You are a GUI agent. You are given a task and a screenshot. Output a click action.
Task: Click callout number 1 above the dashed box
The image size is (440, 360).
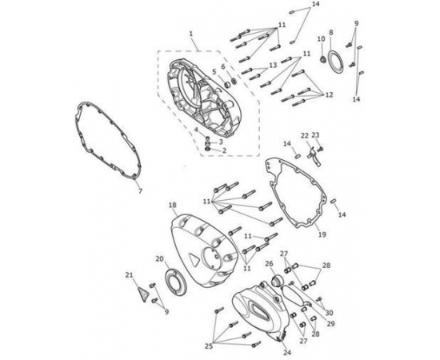coord(191,34)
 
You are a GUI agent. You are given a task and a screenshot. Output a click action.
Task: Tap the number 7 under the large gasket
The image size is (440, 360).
coord(140,191)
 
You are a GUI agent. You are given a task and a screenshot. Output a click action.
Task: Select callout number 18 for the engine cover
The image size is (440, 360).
coord(173,205)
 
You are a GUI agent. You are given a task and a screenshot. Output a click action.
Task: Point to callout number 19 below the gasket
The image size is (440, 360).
coord(322,234)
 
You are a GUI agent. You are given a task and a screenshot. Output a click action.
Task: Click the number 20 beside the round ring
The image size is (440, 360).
coord(160,258)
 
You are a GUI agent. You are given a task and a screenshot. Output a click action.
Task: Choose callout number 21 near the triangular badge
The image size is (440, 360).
coord(129,275)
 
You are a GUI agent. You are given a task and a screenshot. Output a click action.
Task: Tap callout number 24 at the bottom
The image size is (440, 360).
coord(287,353)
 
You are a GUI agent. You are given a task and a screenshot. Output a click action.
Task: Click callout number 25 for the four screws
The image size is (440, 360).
coord(209,346)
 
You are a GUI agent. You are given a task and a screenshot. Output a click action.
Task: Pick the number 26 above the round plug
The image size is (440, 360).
coord(269,263)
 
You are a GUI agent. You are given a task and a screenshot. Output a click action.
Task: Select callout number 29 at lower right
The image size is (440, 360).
coord(331,324)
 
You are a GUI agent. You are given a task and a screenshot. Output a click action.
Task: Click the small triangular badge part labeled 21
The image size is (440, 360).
coord(144,294)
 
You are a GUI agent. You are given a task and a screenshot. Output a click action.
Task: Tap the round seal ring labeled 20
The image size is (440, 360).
coord(176,282)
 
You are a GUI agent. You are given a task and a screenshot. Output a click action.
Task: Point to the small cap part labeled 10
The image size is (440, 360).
coord(323,60)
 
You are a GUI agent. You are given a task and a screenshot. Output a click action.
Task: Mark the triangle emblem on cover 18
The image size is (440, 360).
coord(193,258)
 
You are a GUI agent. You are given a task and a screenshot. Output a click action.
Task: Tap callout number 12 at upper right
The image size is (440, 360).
coord(329,95)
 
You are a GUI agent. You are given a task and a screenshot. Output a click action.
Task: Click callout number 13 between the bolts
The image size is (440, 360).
coord(273,65)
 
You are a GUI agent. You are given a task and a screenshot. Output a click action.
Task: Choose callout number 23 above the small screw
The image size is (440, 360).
coord(315,135)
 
